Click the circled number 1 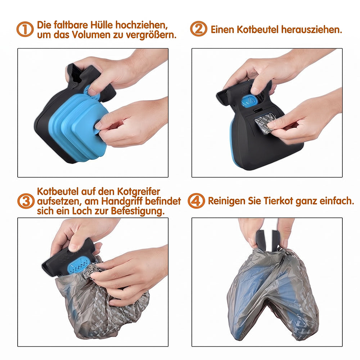coord(25,29)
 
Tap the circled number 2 coord(199,29)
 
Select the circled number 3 coord(26,201)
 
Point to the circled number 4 coord(196,201)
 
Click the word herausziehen coord(312,30)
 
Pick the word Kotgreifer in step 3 coord(139,192)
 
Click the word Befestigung coord(138,211)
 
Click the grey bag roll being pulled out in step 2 coord(264,123)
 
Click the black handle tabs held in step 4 coord(268,240)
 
